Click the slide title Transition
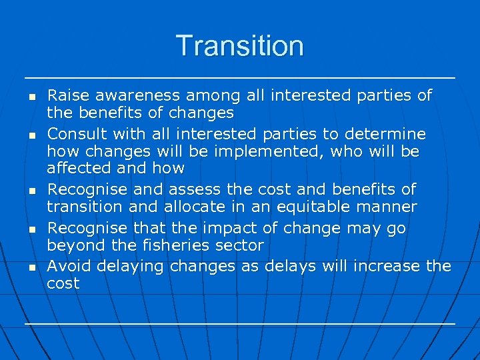click(x=239, y=46)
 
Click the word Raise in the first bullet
click(x=67, y=95)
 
